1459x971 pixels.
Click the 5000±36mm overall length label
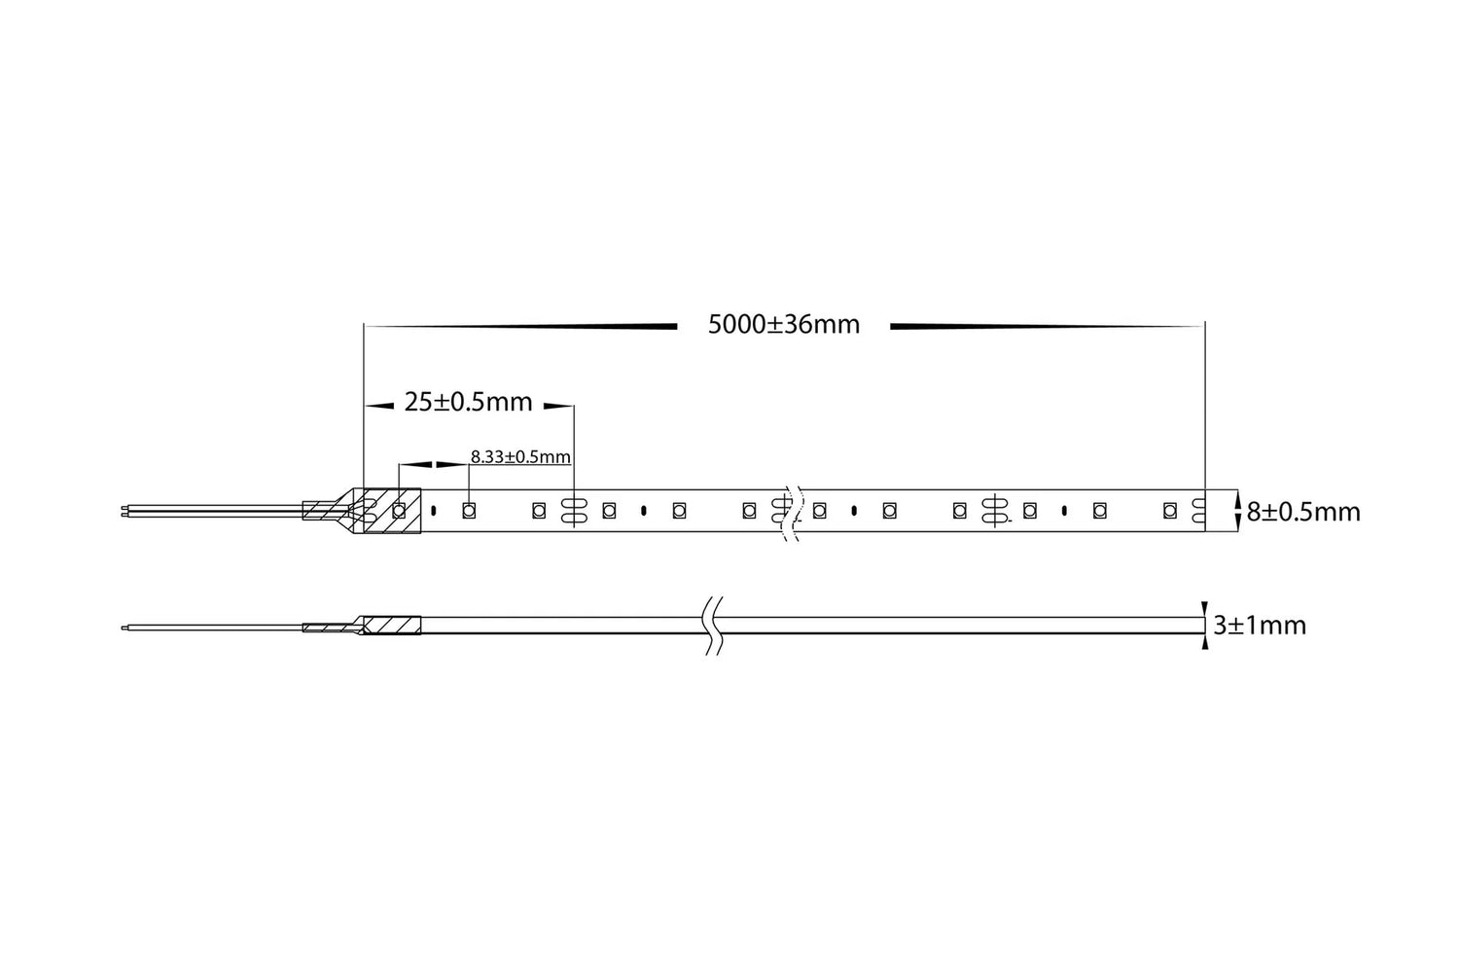[x=784, y=325]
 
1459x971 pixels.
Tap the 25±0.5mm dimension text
[x=468, y=402]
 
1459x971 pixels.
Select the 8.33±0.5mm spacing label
[x=520, y=457]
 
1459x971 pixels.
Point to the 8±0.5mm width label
[x=1303, y=512]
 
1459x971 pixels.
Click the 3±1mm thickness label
[x=1260, y=626]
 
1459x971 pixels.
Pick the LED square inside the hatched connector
[x=399, y=510]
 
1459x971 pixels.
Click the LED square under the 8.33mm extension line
[x=468, y=510]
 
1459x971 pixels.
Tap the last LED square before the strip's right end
[x=1170, y=510]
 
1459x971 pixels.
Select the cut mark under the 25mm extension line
[x=574, y=510]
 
